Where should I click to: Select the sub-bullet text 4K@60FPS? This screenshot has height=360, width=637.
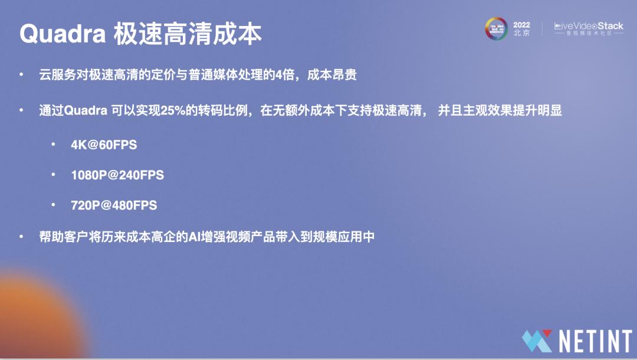104,145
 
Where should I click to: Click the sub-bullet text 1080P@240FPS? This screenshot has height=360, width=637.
117,175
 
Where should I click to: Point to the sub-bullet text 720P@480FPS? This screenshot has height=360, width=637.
114,206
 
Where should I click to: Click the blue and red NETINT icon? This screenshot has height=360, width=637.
537,341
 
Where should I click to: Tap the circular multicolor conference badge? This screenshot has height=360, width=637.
497,28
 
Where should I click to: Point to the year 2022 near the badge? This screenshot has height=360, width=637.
521,25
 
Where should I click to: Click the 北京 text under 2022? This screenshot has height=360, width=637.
521,34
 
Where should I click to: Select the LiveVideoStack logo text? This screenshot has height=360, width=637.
589,26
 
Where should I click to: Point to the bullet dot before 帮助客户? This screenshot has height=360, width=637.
22,237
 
